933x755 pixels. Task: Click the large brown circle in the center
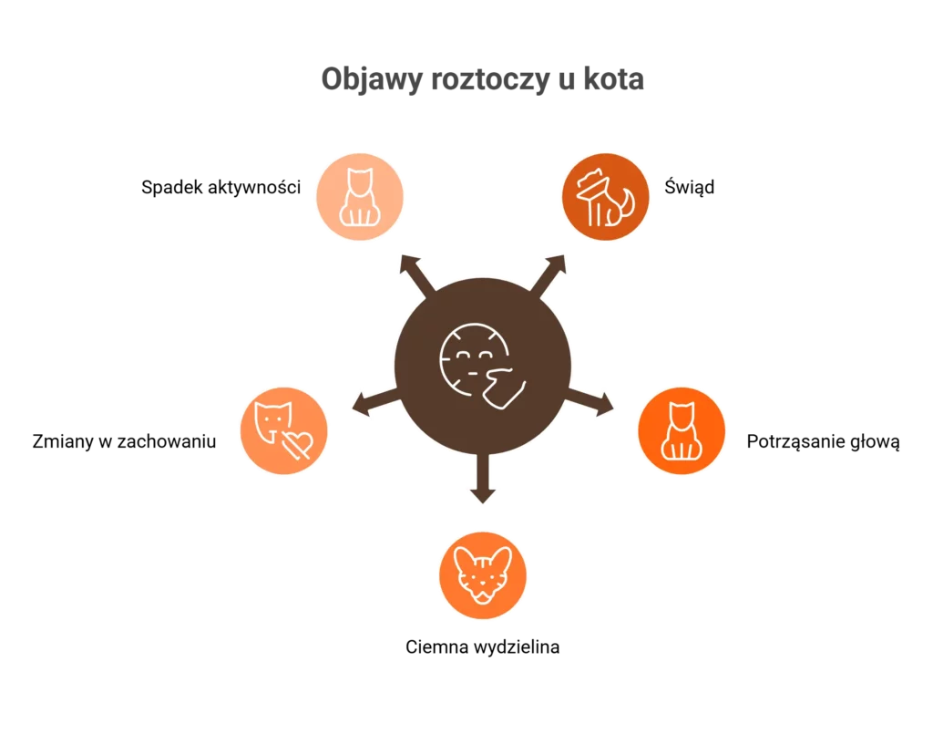[x=483, y=365]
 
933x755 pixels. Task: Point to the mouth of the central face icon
[x=472, y=373]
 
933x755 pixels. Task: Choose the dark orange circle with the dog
[x=603, y=195]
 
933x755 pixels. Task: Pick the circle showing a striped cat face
[x=483, y=574]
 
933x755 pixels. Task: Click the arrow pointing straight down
[x=483, y=483]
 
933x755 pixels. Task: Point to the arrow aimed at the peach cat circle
[x=411, y=273]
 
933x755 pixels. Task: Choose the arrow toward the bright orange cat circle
[x=597, y=404]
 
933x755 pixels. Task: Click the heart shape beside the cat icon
[x=298, y=443]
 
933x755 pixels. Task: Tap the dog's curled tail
[x=626, y=206]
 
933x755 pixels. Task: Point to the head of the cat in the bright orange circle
[x=681, y=413]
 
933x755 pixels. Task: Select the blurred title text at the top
[x=484, y=81]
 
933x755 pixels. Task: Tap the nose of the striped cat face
[x=483, y=586]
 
